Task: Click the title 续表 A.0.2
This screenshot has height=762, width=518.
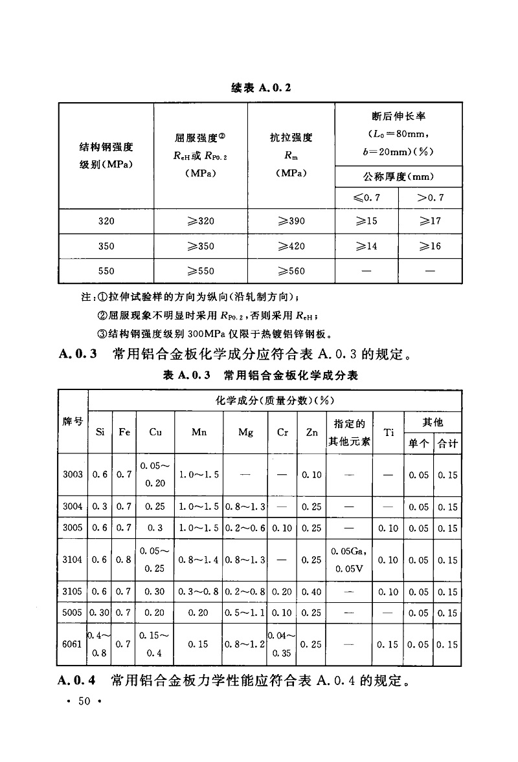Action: point(260,88)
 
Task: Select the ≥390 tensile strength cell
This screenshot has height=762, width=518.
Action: point(291,221)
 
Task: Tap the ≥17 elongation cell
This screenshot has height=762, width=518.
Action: point(430,221)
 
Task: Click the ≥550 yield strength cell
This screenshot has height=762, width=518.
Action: point(200,271)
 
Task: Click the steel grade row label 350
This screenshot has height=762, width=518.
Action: point(106,246)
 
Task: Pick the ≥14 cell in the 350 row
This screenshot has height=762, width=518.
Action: point(366,246)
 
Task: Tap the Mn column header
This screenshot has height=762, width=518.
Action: point(199,433)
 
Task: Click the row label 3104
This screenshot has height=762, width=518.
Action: point(73,560)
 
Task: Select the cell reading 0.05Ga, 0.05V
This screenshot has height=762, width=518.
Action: point(349,560)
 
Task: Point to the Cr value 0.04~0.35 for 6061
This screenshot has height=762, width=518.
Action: point(282,645)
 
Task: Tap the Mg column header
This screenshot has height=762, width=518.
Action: point(245,433)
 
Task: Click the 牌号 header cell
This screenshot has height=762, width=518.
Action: point(73,422)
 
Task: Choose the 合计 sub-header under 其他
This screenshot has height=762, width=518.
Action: point(447,444)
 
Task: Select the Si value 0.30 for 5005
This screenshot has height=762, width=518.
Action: point(100,613)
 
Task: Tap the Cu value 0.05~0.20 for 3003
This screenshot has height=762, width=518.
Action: point(155,475)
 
